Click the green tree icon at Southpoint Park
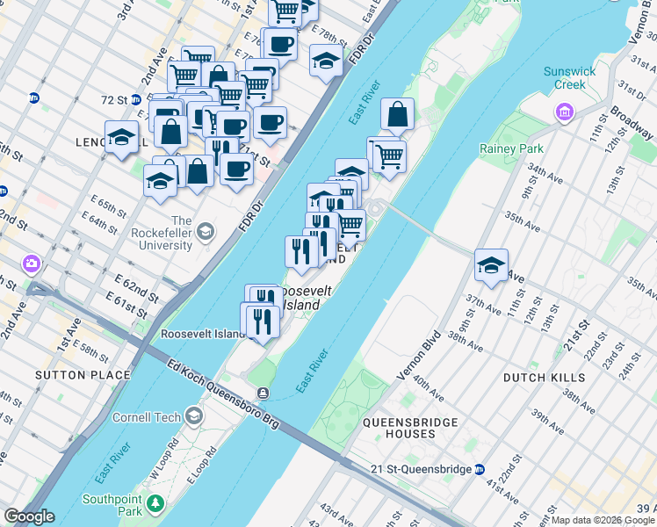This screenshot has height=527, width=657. (x=155, y=503)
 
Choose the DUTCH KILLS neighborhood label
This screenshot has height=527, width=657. (x=544, y=377)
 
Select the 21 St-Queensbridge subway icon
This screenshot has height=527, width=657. (x=479, y=469)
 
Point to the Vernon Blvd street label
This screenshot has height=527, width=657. (x=413, y=360)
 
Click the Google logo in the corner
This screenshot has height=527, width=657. (x=30, y=516)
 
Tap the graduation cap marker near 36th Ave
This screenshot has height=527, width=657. (x=491, y=264)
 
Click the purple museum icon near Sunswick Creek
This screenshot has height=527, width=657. (x=563, y=112)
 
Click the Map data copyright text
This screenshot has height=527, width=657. (x=603, y=520)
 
